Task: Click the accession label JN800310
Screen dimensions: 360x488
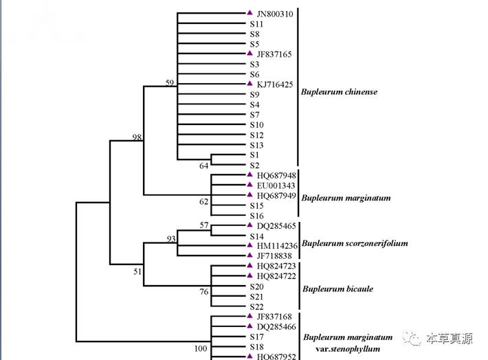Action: [x=275, y=13]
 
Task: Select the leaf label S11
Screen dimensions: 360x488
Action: [x=256, y=23]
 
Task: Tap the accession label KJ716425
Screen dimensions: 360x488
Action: [x=275, y=84]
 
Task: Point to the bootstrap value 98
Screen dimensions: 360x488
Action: [x=137, y=137]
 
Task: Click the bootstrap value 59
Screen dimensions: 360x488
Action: [x=170, y=83]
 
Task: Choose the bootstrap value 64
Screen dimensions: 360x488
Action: [x=204, y=166]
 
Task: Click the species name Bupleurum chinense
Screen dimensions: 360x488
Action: [x=340, y=92]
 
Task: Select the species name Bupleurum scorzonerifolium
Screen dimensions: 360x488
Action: [x=355, y=243]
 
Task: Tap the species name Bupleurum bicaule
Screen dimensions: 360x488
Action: [x=338, y=289]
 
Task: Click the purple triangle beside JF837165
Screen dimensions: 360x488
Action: [x=250, y=53]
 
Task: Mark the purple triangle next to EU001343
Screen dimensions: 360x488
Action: [x=250, y=185]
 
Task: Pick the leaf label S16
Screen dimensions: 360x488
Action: [x=256, y=216]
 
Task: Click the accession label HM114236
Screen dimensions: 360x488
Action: [x=277, y=245]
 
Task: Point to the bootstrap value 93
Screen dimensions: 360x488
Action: [x=171, y=239]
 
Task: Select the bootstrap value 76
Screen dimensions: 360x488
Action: [x=204, y=292]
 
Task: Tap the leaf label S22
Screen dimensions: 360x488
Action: [x=256, y=306]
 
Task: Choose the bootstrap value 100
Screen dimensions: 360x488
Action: [x=200, y=349]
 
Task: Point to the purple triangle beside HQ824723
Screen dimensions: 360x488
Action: [x=250, y=265]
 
